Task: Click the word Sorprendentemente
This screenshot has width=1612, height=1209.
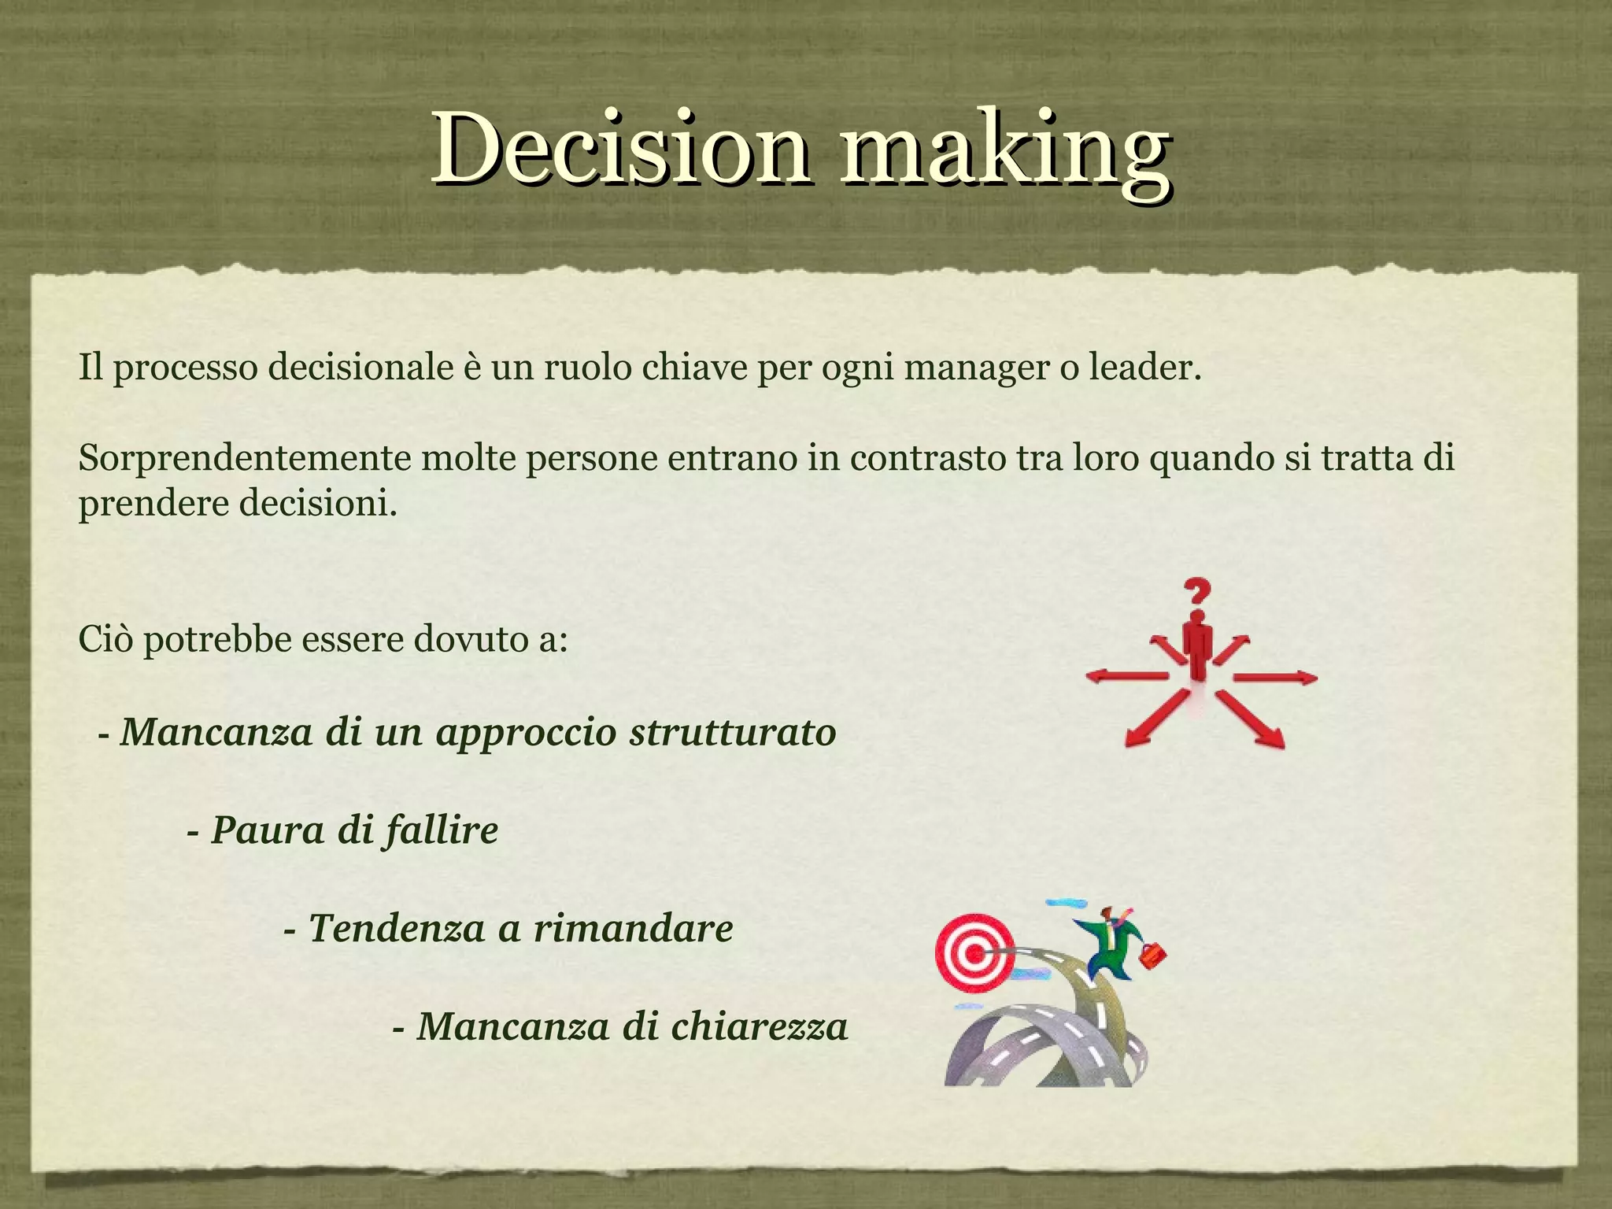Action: coord(244,459)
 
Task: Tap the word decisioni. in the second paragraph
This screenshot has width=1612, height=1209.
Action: coord(318,504)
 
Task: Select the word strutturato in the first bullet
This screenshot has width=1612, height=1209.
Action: coord(732,732)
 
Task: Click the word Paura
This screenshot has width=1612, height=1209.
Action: coord(268,830)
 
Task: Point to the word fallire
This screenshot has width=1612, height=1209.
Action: coord(441,830)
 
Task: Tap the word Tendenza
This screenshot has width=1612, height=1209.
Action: coord(397,929)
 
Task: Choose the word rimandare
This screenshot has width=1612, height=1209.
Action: coord(634,929)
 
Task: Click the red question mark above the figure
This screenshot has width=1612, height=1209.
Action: coord(1196,597)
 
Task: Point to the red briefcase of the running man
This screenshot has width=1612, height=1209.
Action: coord(1152,956)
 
